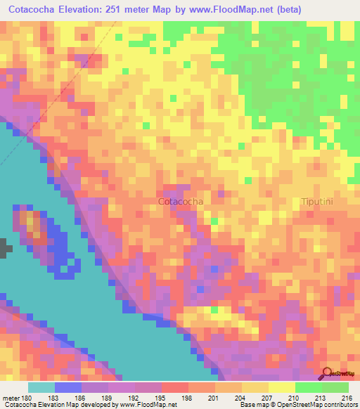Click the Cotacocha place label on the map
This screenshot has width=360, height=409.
(x=181, y=202)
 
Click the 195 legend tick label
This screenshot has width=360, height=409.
(x=161, y=398)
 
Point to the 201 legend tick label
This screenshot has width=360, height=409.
(x=214, y=398)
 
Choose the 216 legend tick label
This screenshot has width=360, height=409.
(x=347, y=398)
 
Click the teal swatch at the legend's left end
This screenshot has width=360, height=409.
(x=41, y=387)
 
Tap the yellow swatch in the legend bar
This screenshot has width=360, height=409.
(x=281, y=387)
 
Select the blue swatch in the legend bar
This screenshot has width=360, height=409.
(x=68, y=387)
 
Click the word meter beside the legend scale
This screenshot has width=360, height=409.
(x=9, y=398)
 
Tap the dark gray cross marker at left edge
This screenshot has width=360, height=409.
(x=5, y=247)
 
